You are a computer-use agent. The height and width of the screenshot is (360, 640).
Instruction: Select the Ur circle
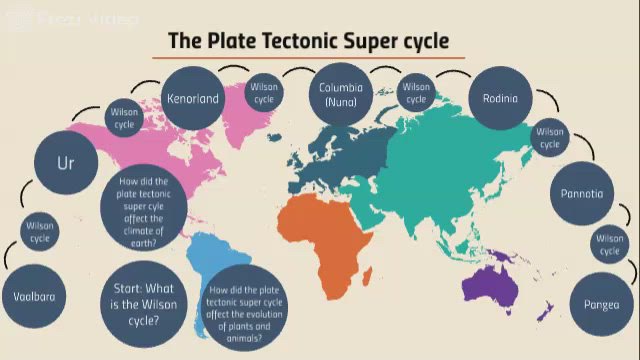point(66,160)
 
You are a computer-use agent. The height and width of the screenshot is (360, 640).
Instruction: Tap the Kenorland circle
point(193,100)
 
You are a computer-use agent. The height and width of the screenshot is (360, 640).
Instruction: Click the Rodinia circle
point(500,98)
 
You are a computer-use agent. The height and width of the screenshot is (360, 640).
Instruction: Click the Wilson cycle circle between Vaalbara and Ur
point(40,232)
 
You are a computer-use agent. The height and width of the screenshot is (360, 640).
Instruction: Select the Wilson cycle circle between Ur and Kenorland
point(125,119)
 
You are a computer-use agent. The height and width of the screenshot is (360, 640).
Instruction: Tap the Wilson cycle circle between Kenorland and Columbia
point(264,94)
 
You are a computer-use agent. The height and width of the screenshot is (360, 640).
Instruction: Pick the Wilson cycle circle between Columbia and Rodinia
point(416,94)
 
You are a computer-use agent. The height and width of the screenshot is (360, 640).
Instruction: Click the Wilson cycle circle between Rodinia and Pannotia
point(550,138)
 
